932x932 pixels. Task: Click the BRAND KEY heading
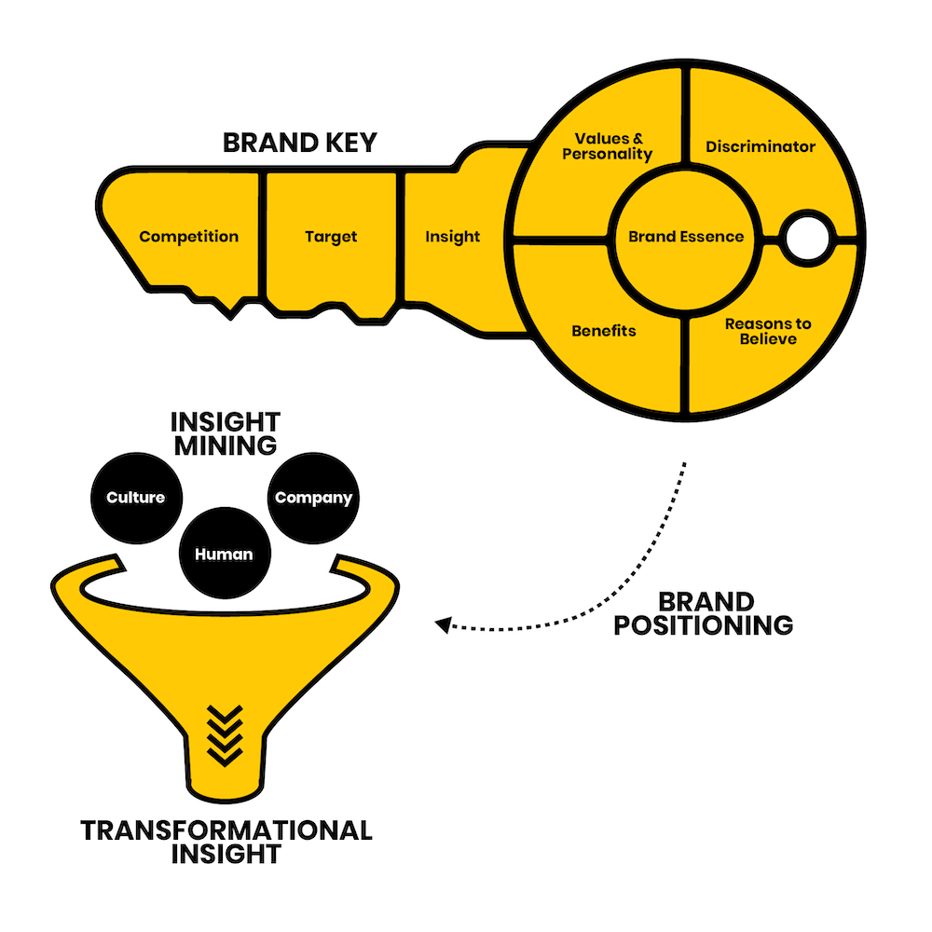(299, 143)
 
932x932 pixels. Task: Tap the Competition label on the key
(188, 237)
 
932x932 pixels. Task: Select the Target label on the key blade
(331, 237)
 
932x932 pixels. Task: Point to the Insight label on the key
(452, 237)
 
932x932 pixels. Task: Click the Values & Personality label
(608, 146)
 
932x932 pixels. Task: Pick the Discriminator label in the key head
(761, 146)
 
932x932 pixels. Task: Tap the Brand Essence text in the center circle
(686, 237)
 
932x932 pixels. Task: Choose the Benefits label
(604, 331)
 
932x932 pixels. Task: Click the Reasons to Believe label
(768, 331)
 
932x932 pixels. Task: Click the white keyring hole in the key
(807, 239)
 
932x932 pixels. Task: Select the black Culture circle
(136, 498)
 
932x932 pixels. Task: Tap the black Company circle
(313, 498)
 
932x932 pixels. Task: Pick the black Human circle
(225, 553)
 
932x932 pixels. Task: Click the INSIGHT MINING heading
(226, 434)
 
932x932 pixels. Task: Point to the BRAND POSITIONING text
(704, 614)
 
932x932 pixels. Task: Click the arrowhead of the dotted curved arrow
(443, 624)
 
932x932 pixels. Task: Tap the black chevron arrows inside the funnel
(225, 735)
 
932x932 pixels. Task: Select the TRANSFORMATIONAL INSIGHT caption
(226, 843)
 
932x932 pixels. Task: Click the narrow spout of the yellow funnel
(226, 767)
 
